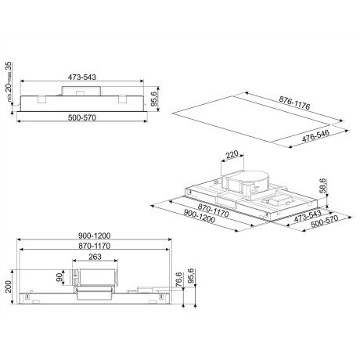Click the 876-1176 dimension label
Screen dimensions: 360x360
point(294,103)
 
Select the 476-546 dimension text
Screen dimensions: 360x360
point(315,136)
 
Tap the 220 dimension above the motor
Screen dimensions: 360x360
point(232,155)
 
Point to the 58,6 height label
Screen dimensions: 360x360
point(322,185)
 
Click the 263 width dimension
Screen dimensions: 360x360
point(95,257)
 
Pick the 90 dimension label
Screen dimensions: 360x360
point(59,277)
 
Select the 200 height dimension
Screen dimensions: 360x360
point(8,286)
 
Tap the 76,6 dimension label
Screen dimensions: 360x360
point(178,279)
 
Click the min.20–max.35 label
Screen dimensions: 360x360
point(9,81)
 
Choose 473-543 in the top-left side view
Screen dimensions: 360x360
point(82,77)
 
